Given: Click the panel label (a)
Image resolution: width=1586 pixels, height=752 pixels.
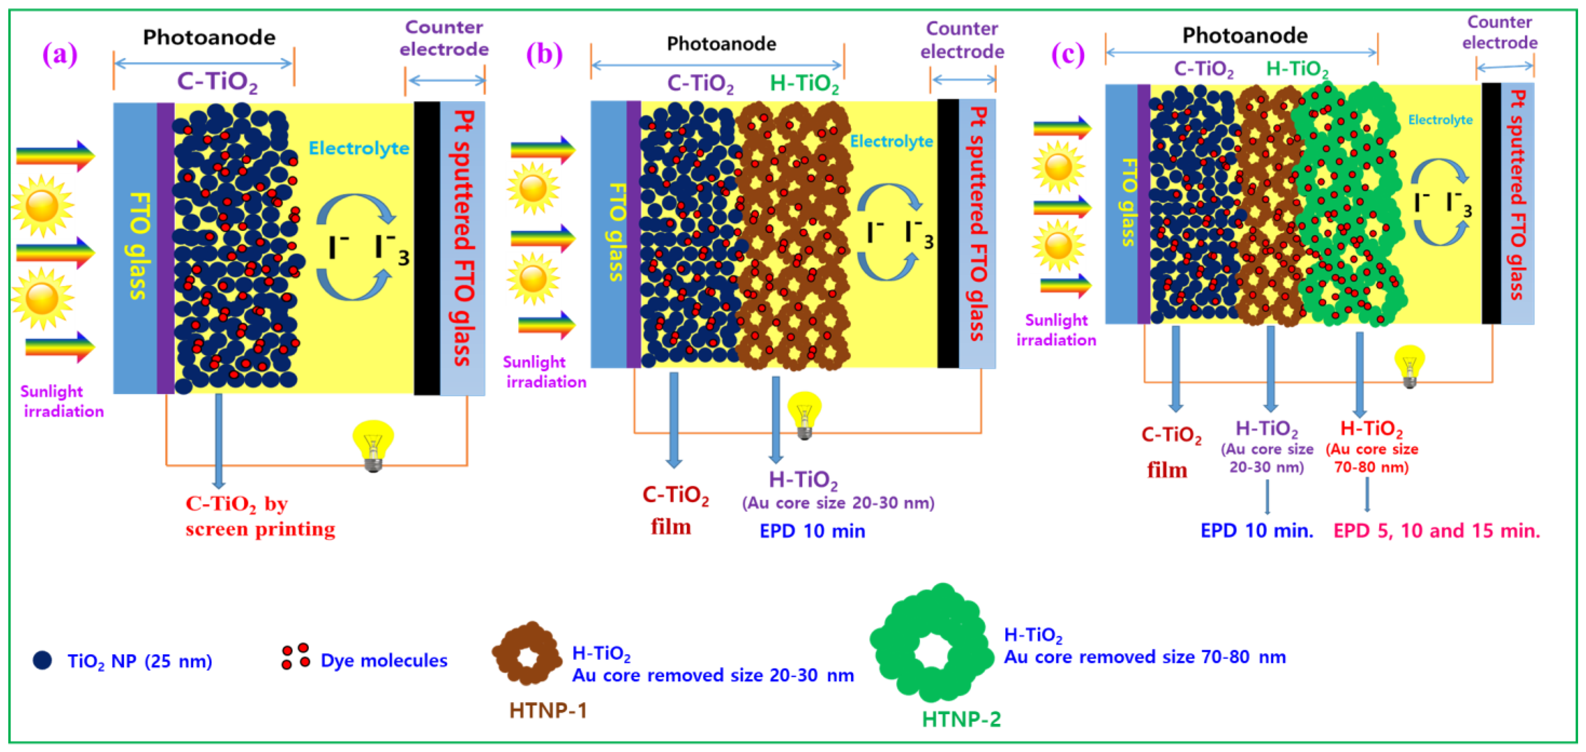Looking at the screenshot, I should (60, 54).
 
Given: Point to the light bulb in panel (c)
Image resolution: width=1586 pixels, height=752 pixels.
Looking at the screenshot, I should (1409, 365).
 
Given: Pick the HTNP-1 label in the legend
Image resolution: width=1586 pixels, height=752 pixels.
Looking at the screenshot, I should (548, 710).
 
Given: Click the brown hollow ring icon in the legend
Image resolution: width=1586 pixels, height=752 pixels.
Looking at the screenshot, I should (527, 653).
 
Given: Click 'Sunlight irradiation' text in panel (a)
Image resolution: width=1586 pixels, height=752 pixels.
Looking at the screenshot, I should (62, 401).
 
